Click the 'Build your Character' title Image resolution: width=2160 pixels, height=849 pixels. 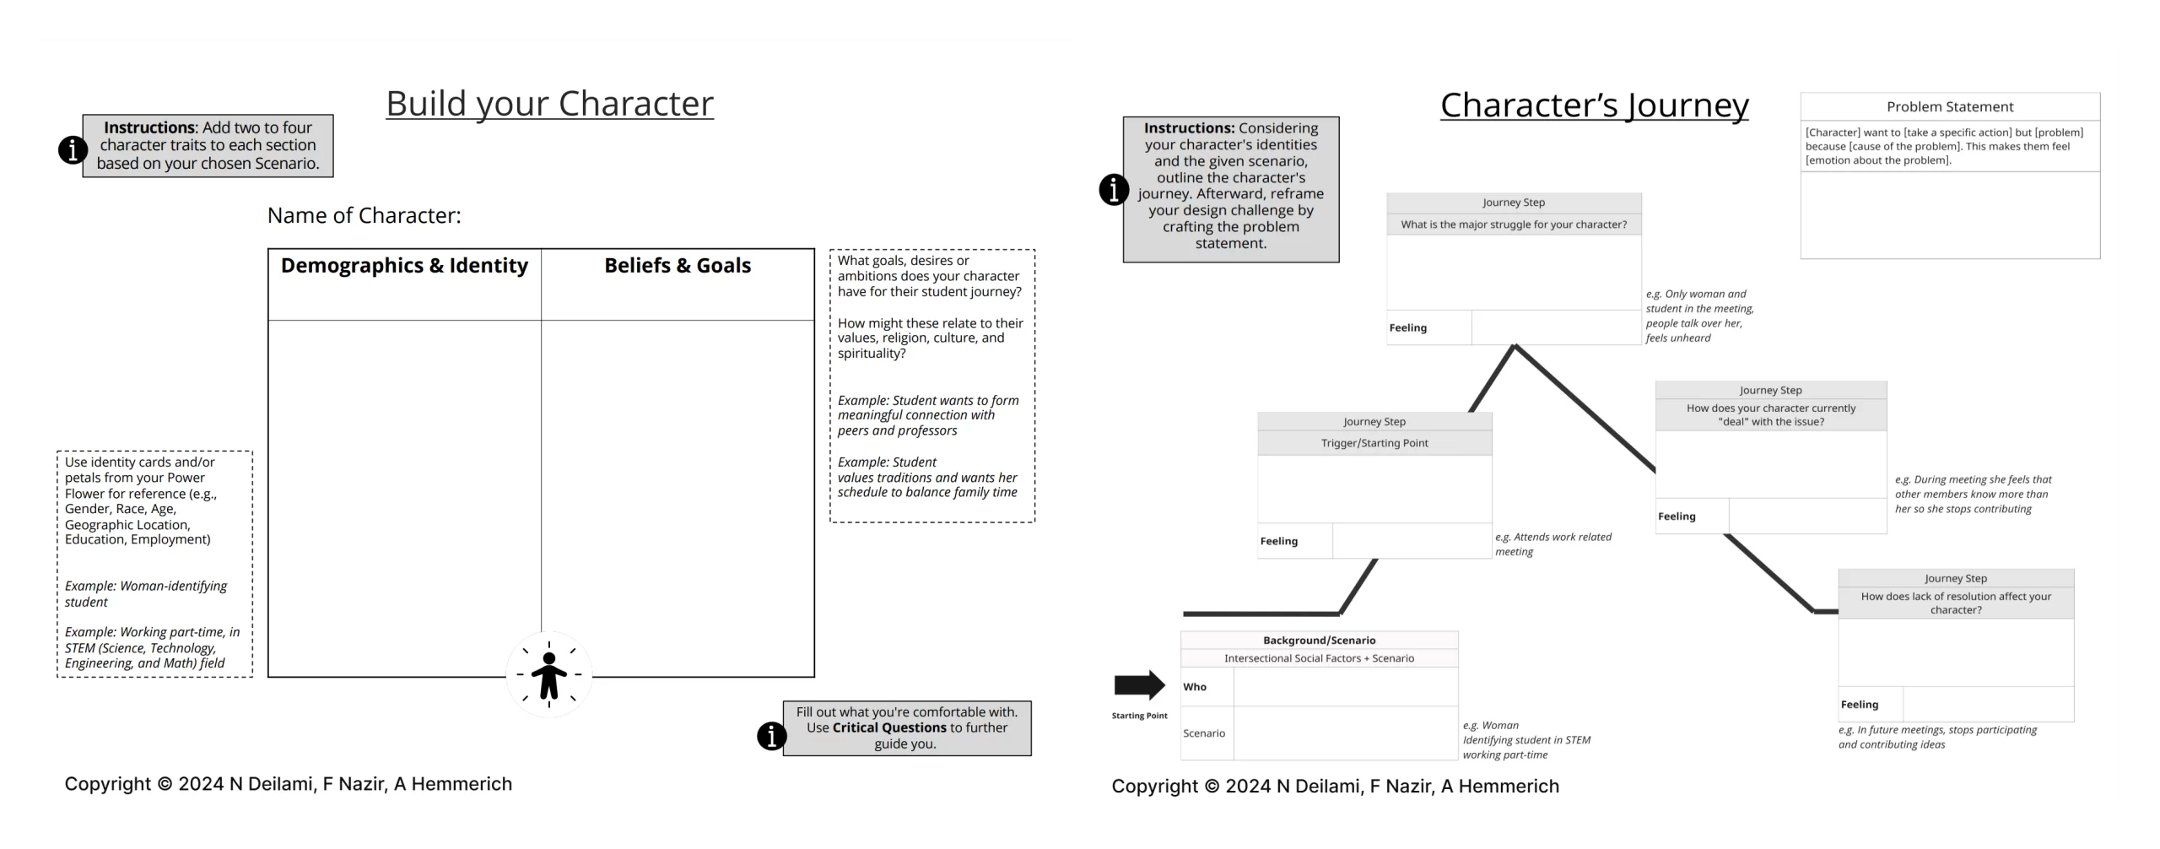tap(549, 104)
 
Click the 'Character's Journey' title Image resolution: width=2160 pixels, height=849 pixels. tap(1594, 105)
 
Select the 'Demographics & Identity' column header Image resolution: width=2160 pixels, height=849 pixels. tap(404, 266)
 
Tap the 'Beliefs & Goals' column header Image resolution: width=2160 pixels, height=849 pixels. tap(678, 266)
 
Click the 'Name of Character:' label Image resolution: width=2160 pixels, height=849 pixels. tap(364, 216)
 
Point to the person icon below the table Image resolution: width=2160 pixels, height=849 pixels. tap(549, 675)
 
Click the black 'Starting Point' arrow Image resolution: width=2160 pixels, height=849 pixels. tap(1139, 686)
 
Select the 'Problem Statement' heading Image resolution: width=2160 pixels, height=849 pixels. tap(1949, 107)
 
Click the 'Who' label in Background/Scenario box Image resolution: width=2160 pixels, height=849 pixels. tap(1195, 687)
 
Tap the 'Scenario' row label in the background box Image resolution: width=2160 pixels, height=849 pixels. tap(1204, 733)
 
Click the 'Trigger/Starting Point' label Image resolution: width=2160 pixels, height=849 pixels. tap(1374, 443)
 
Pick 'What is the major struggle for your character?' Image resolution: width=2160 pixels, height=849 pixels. tap(1514, 224)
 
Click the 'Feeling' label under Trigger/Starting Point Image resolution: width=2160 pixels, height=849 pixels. tap(1279, 542)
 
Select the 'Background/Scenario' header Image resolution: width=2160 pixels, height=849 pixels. tap(1319, 641)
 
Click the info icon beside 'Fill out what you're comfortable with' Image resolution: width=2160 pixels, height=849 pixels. tap(771, 736)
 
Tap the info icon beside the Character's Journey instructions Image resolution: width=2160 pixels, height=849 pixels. tap(1114, 190)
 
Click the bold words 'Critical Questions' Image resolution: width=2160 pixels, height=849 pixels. tap(889, 727)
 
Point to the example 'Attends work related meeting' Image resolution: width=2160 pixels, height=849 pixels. tap(1552, 544)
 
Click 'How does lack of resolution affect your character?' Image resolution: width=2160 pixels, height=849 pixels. tap(1956, 603)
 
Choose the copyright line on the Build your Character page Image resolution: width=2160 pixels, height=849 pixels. tap(288, 784)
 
